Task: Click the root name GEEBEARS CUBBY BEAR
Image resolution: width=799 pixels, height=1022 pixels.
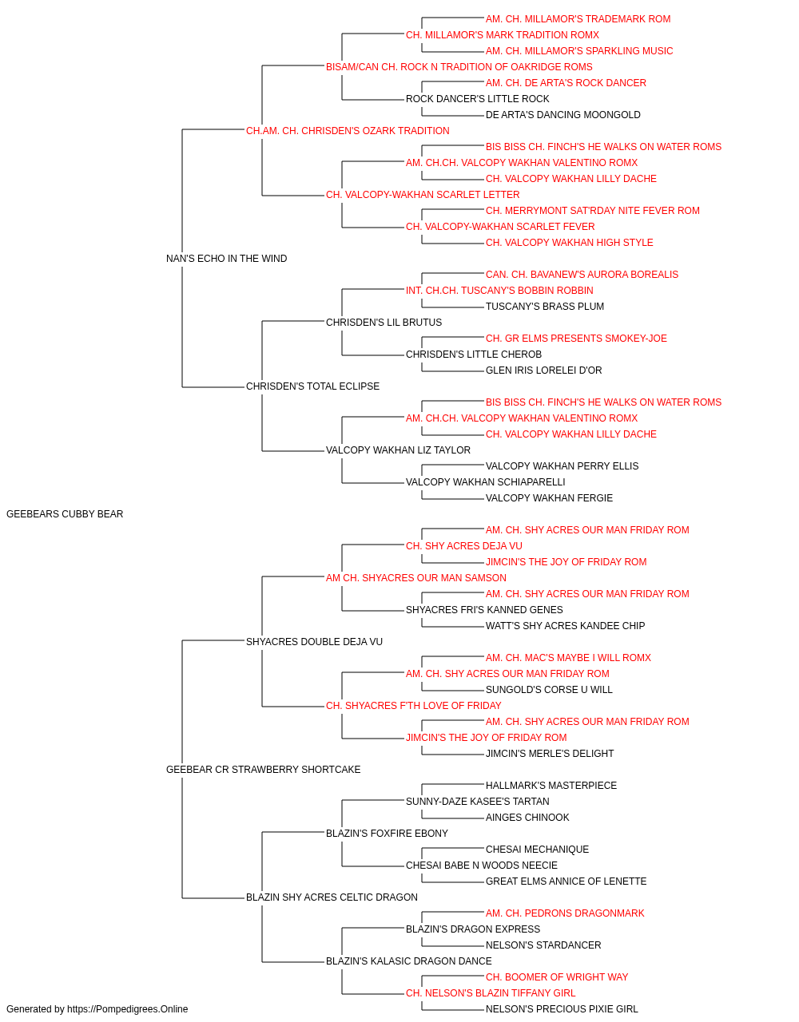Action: [x=65, y=514]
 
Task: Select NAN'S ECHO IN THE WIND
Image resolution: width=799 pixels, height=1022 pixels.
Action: [x=226, y=259]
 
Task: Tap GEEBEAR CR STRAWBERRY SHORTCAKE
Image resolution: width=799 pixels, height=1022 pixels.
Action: [x=263, y=770]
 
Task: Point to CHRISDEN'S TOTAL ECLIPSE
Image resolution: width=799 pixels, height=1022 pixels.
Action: [x=312, y=386]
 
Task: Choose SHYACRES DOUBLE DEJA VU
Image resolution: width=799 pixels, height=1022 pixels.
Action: [x=314, y=642]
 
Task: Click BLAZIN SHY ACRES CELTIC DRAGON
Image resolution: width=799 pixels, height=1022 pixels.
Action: [x=332, y=897]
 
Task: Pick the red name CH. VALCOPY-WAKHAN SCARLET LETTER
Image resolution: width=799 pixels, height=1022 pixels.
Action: [x=423, y=195]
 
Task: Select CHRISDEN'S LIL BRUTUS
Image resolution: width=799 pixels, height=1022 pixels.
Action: [x=384, y=323]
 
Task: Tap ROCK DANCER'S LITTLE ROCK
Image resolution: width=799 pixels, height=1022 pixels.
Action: [x=478, y=99]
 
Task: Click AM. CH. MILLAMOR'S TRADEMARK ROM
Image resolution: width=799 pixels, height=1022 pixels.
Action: [x=578, y=19]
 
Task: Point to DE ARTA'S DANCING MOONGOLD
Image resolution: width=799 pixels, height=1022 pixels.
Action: [x=562, y=115]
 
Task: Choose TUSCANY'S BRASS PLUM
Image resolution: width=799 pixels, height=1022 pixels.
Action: [x=544, y=307]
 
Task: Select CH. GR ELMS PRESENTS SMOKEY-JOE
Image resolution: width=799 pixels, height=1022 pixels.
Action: [x=576, y=339]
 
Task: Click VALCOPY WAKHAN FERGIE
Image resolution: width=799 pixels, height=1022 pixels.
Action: [x=549, y=498]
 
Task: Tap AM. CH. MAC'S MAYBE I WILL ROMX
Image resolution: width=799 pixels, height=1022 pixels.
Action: [x=568, y=658]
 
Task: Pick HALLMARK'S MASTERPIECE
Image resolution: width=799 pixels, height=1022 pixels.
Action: [x=551, y=786]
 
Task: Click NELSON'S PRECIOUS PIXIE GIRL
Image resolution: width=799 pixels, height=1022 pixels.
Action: [x=562, y=1009]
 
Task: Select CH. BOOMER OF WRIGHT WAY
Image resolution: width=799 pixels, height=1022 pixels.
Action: [x=557, y=977]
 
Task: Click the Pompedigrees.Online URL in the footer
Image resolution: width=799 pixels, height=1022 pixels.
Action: [x=127, y=1009]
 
